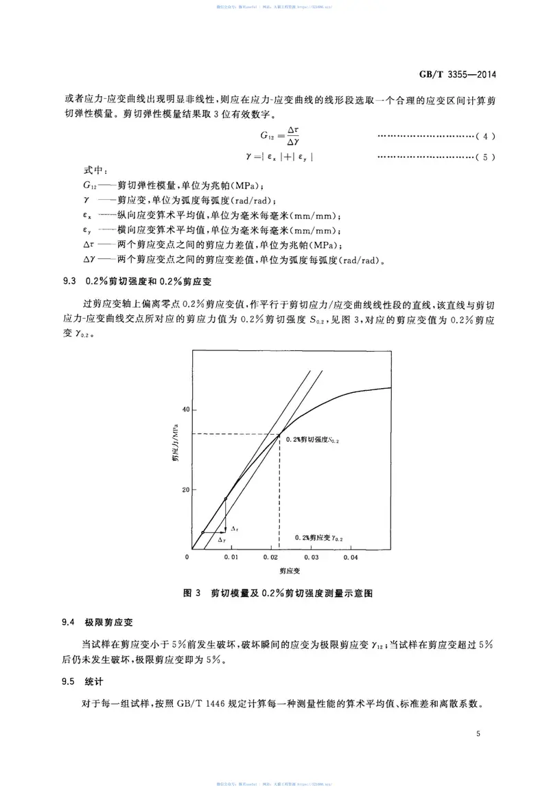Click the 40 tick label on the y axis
[184, 410]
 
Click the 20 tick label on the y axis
[184, 490]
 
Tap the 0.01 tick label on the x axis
[232, 557]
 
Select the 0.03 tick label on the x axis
[311, 557]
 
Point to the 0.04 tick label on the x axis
[351, 557]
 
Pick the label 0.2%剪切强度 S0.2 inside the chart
[312, 440]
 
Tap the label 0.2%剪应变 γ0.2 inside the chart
[318, 538]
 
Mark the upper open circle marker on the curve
[226, 499]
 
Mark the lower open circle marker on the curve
[202, 532]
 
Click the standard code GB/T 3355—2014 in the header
[457, 75]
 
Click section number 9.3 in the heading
[69, 281]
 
